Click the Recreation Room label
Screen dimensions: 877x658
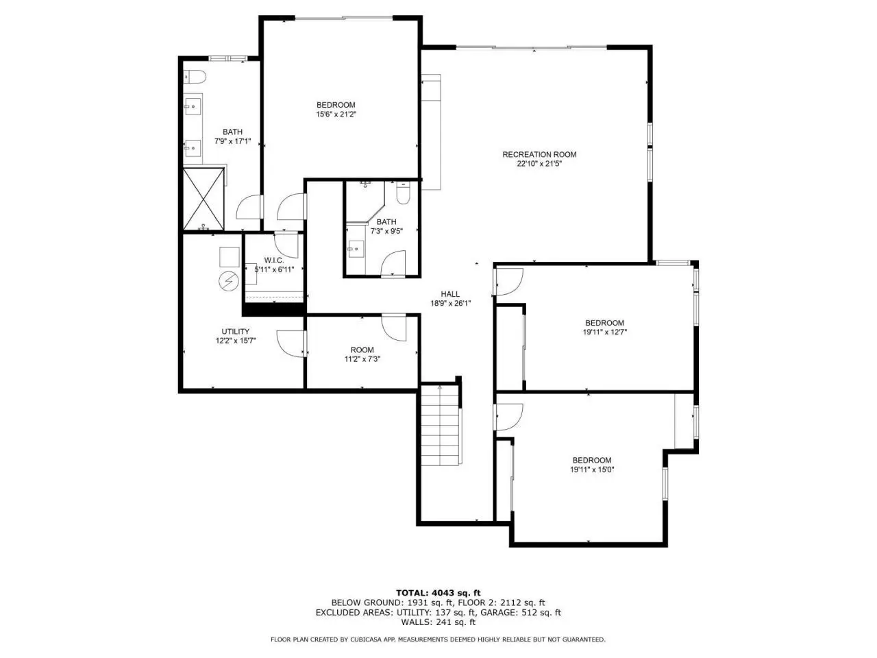click(x=539, y=154)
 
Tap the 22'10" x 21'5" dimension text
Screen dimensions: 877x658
click(x=539, y=163)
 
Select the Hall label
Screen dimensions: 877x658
click(x=450, y=294)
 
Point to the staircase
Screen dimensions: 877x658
click(x=440, y=425)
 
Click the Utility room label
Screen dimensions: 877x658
click(x=235, y=332)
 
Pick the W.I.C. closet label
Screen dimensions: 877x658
click(x=274, y=260)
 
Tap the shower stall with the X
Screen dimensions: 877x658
click(x=203, y=199)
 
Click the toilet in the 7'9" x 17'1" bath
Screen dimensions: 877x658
click(x=195, y=77)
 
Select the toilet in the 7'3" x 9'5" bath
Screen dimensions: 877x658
click(x=403, y=193)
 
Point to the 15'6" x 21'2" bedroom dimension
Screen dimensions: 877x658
click(x=336, y=114)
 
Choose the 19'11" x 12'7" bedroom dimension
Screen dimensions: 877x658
click(x=605, y=332)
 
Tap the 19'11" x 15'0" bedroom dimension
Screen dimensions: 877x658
click(x=592, y=470)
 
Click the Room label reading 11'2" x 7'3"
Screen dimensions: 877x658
click(x=362, y=350)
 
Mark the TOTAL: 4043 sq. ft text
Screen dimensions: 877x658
click(x=438, y=593)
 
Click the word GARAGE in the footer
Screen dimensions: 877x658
click(x=497, y=613)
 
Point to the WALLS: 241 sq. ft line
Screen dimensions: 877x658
click(x=438, y=622)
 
